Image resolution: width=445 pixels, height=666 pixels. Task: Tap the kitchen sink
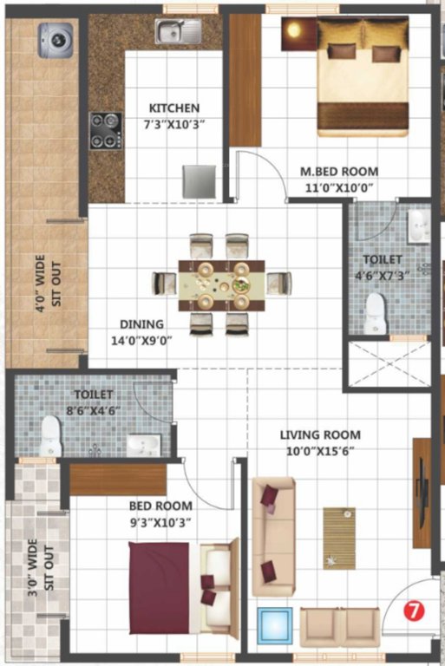(x=178, y=32)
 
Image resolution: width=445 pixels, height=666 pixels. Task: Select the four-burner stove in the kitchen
(x=106, y=130)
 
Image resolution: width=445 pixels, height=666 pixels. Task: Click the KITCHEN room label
(x=173, y=108)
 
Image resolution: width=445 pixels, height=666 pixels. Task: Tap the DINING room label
(x=141, y=325)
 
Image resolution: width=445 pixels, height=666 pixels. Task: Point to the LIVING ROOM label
(x=319, y=434)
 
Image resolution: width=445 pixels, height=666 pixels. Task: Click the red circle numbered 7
(x=415, y=610)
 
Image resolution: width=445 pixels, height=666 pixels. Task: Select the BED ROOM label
(x=160, y=506)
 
